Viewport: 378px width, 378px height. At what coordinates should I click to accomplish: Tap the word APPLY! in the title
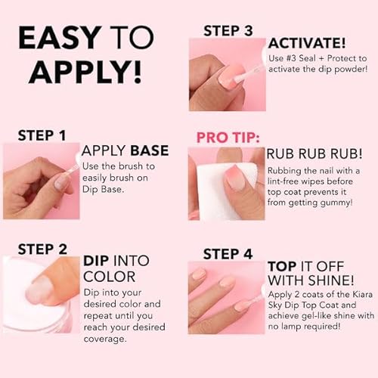[78, 72]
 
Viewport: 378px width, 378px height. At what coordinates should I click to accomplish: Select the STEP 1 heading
[42, 135]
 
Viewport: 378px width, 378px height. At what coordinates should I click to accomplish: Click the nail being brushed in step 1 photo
[64, 181]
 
